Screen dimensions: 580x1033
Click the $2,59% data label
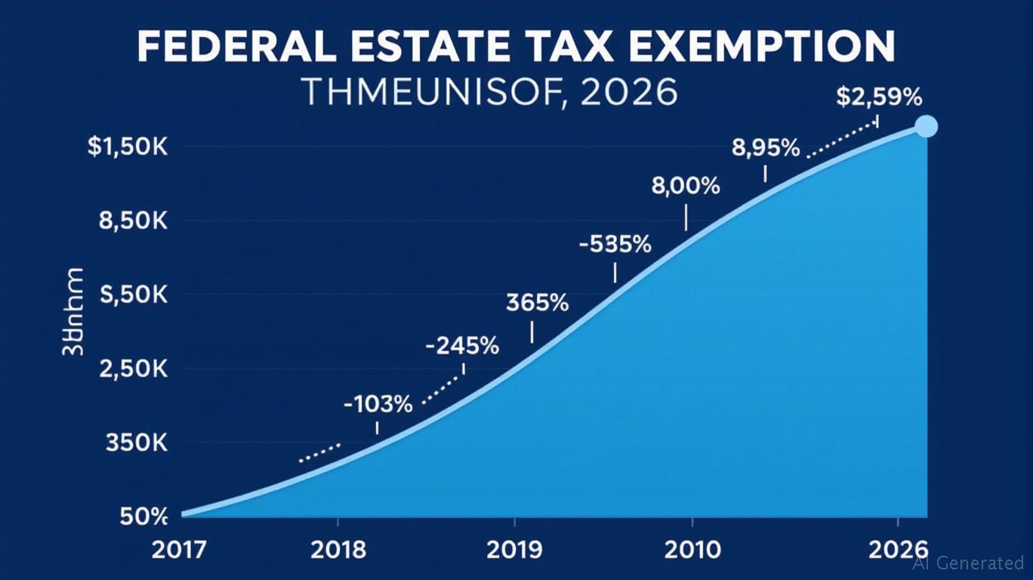click(x=879, y=97)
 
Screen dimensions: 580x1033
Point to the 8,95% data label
click(x=766, y=148)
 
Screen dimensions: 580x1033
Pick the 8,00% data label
click(x=686, y=186)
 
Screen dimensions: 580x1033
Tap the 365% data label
click(x=537, y=303)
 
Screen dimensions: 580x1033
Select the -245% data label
click(x=462, y=347)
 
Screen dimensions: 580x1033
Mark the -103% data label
click(x=378, y=405)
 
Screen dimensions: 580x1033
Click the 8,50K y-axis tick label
click(x=132, y=221)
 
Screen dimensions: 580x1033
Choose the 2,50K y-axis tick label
click(x=132, y=369)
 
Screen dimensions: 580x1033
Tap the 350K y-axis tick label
click(x=135, y=443)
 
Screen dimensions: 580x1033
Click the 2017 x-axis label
click(x=178, y=550)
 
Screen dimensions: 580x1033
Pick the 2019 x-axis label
click(x=514, y=550)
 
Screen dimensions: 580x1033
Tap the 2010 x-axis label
click(x=691, y=550)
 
